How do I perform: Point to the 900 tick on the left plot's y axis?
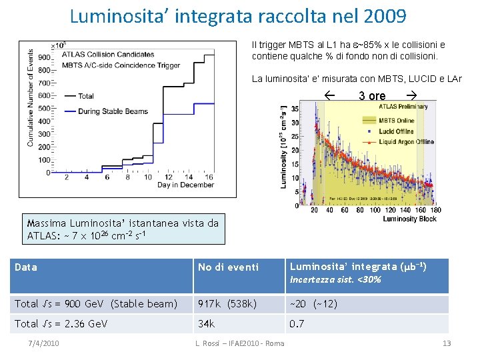[44, 57]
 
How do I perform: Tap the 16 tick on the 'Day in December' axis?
[209, 177]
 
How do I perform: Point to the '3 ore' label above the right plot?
[372, 96]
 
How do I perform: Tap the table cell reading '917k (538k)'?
[227, 304]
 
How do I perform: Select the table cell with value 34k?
[207, 324]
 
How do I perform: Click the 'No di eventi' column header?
[228, 267]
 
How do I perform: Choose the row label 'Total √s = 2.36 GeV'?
[61, 324]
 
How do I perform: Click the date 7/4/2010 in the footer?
[44, 343]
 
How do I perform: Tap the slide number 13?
[447, 343]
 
